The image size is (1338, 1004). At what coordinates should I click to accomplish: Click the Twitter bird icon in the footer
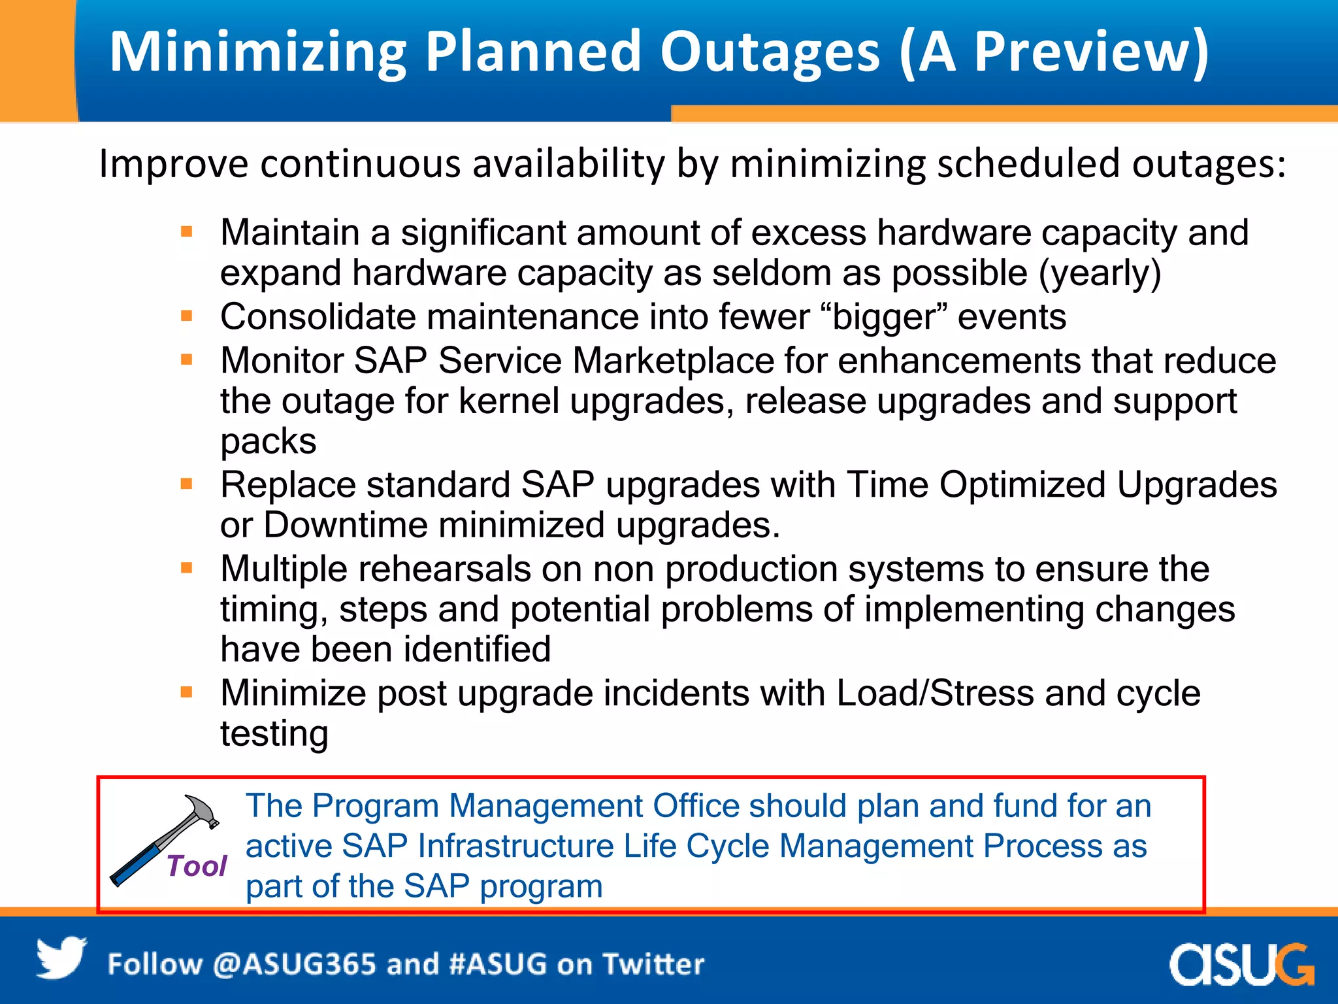pos(61,958)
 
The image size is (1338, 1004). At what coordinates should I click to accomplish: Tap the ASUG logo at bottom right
pos(1241,964)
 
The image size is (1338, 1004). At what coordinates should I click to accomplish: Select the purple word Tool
pos(196,866)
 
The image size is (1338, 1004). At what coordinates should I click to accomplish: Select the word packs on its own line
pos(269,442)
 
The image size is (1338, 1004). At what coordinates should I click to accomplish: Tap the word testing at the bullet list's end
pos(274,734)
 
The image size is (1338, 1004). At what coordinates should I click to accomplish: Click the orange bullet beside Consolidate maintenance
pos(187,316)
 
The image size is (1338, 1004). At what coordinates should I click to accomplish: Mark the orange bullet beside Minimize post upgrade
pos(187,692)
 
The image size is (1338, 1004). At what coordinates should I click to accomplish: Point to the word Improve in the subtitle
pos(173,164)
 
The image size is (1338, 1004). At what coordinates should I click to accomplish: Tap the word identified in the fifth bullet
pos(476,650)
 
